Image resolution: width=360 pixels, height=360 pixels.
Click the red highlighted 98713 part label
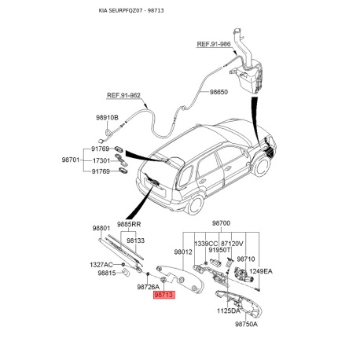164,295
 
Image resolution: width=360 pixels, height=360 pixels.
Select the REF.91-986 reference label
214,44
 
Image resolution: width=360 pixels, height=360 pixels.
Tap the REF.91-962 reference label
123,95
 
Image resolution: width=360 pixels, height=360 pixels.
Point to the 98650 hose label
219,92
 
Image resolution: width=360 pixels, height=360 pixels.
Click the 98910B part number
107,118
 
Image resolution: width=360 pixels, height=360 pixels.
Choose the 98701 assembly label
71,160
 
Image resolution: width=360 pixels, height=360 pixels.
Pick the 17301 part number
101,160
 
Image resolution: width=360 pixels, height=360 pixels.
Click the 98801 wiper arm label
101,228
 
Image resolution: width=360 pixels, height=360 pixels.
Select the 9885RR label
129,224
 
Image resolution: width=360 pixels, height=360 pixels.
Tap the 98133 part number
136,241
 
